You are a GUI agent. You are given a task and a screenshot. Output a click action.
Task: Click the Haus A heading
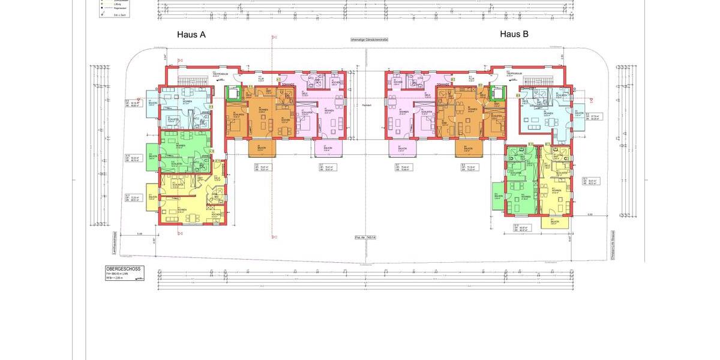point(191,35)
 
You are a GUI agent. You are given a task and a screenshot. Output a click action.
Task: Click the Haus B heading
point(514,35)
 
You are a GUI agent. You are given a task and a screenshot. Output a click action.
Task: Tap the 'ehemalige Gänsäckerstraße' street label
point(370,40)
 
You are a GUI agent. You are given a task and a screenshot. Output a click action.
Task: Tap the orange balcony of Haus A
point(261,147)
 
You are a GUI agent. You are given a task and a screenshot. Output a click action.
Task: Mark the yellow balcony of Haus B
point(554,221)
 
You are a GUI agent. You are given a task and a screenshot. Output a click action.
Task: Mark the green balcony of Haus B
point(497,196)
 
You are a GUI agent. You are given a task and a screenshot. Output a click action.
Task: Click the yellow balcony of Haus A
point(152,197)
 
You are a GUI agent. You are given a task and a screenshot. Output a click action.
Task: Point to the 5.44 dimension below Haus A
point(139,233)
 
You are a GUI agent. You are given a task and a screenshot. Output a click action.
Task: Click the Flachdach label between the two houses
point(367,106)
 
